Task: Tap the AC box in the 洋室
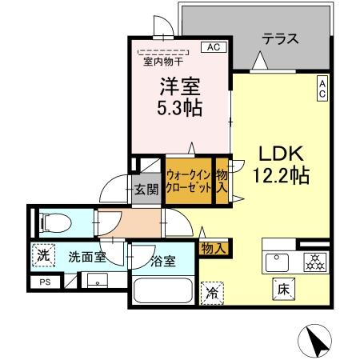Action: [x=214, y=47]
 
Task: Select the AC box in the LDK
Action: [x=321, y=89]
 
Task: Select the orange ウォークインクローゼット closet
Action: [x=188, y=179]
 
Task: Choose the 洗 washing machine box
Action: [x=43, y=257]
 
